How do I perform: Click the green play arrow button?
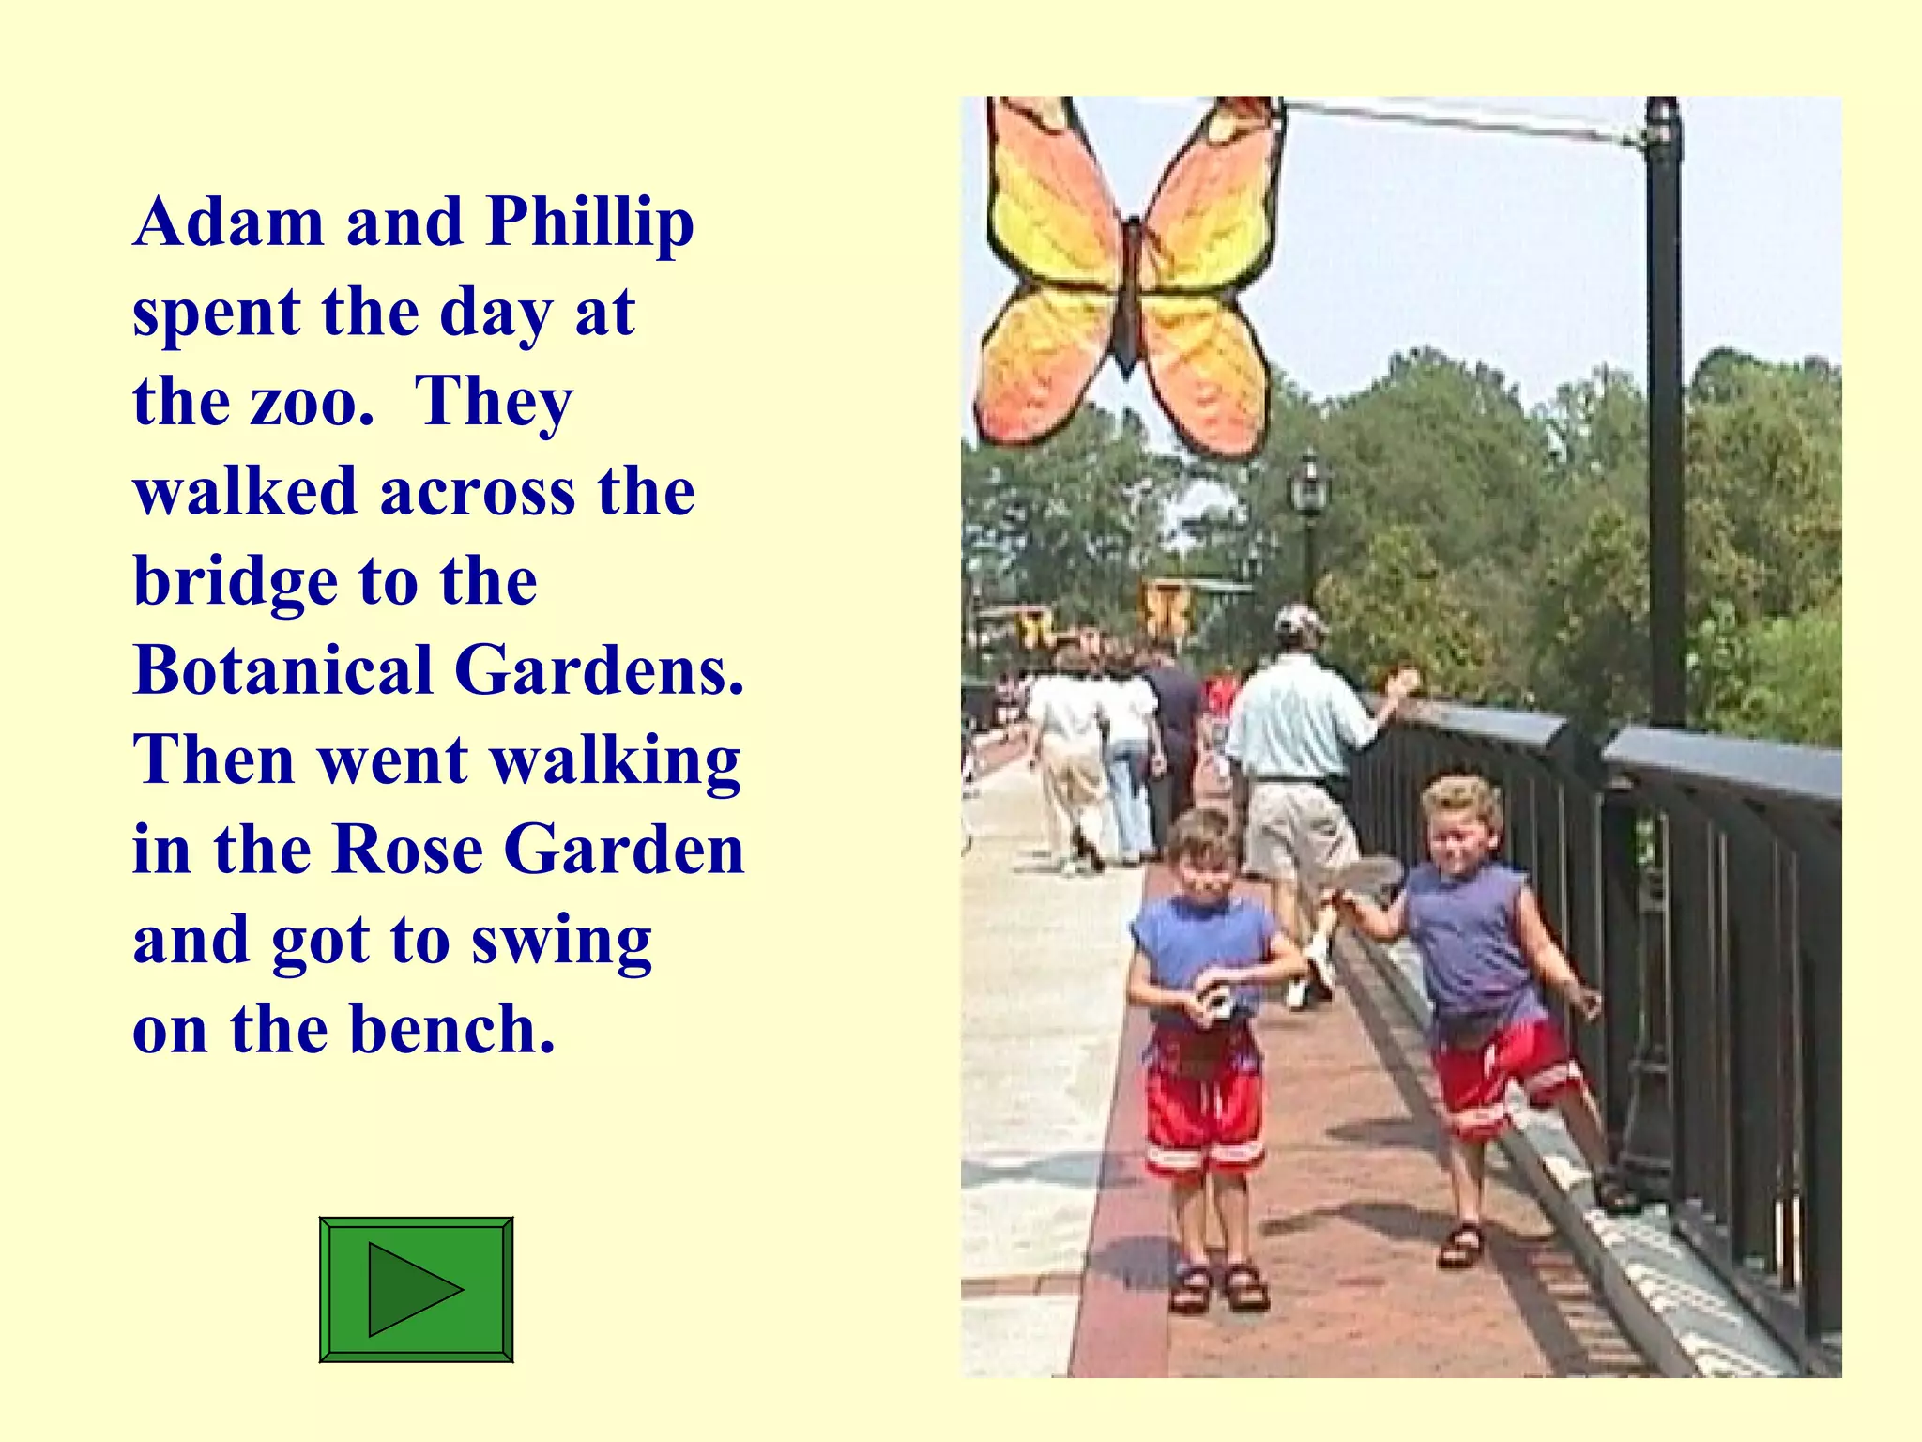(416, 1289)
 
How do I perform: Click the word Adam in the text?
(229, 222)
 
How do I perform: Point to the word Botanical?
(282, 671)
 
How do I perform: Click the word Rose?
(408, 850)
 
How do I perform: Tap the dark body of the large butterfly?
(1130, 291)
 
